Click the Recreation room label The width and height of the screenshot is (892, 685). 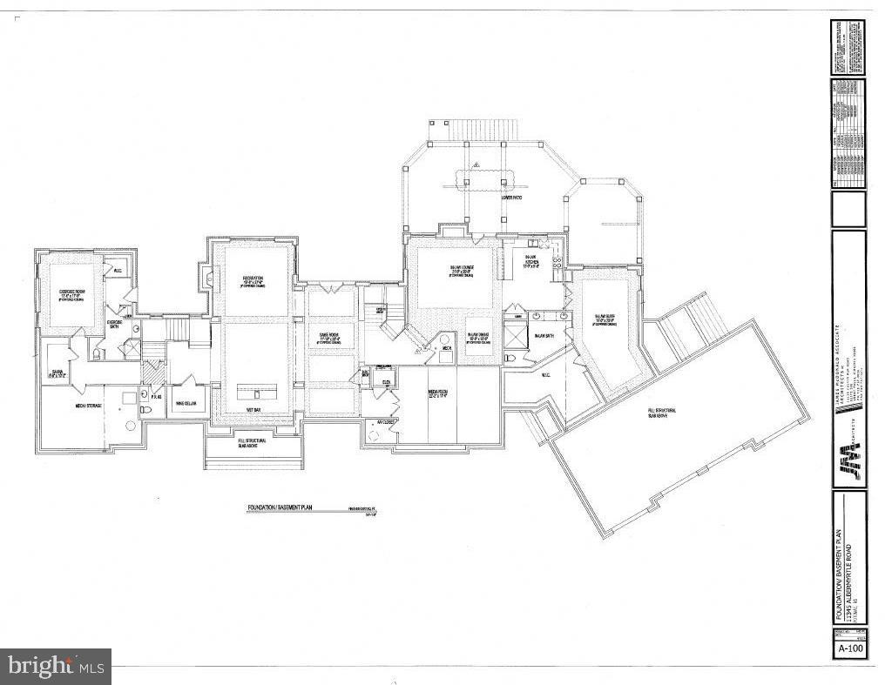click(253, 279)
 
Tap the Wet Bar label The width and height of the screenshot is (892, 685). click(254, 409)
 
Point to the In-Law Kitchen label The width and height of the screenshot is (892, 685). click(530, 259)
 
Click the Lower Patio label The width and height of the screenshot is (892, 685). click(510, 198)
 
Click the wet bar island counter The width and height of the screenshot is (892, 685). click(255, 386)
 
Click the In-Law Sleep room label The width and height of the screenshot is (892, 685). click(606, 319)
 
